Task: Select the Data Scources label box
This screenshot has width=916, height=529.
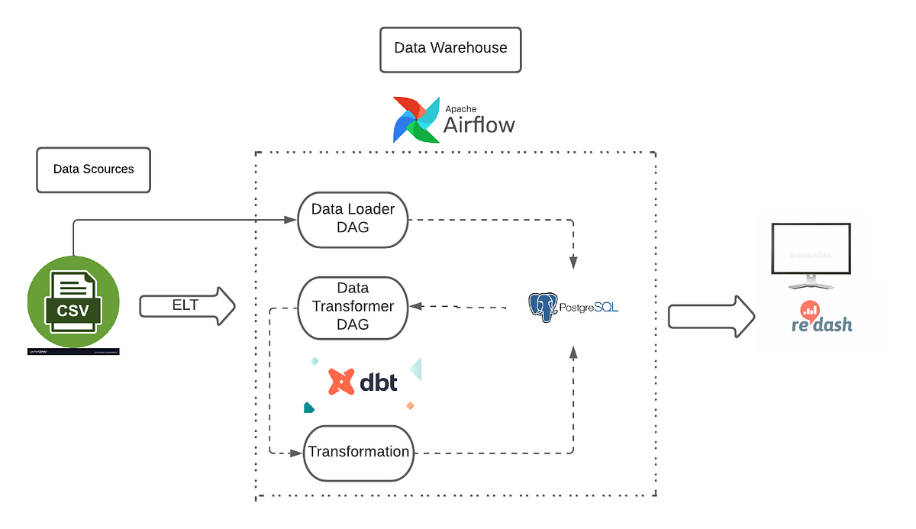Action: click(93, 169)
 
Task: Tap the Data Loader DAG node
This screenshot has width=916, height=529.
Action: click(353, 219)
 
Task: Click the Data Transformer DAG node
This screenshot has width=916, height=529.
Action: click(353, 307)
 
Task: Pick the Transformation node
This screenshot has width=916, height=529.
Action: click(359, 452)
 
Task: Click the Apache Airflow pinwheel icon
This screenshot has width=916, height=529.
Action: click(416, 120)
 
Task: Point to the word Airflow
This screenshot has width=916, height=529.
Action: click(479, 125)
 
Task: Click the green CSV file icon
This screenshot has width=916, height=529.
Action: click(73, 305)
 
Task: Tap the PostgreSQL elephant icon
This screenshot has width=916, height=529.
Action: click(542, 307)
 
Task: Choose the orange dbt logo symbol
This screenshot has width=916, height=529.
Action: click(340, 382)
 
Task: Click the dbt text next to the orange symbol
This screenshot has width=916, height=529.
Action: click(379, 382)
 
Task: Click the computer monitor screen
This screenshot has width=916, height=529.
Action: click(811, 250)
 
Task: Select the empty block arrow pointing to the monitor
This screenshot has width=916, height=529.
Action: click(711, 316)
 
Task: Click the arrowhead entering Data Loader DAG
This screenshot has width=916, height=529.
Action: click(290, 220)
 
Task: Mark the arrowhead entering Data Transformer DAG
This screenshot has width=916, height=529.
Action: click(415, 307)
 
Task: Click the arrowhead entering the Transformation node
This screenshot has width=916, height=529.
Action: click(297, 453)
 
